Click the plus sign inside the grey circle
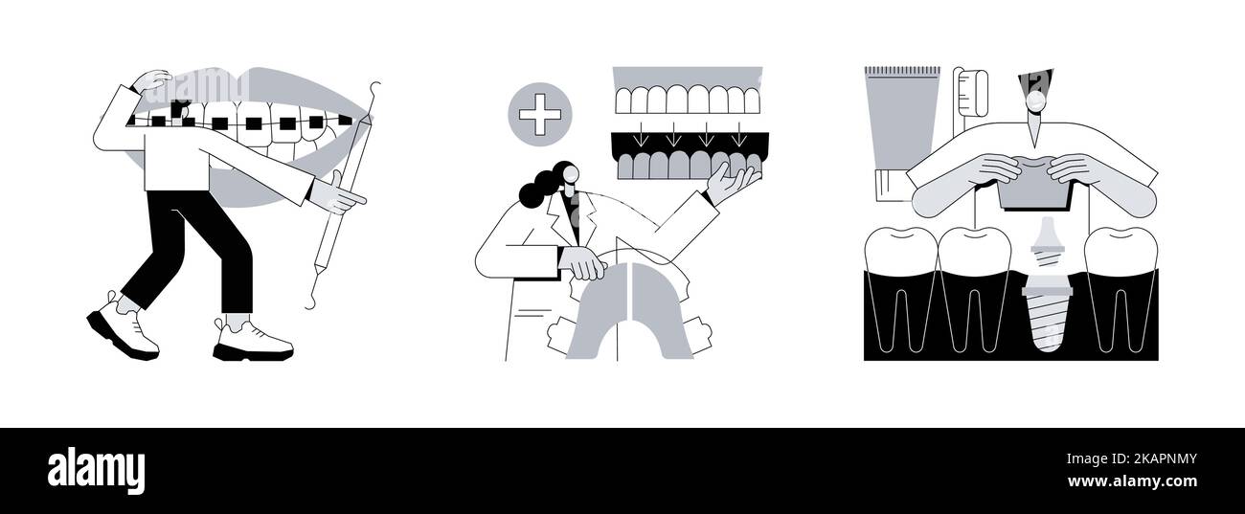click(x=539, y=115)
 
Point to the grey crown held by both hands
click(x=1031, y=188)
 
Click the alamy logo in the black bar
click(x=96, y=471)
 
